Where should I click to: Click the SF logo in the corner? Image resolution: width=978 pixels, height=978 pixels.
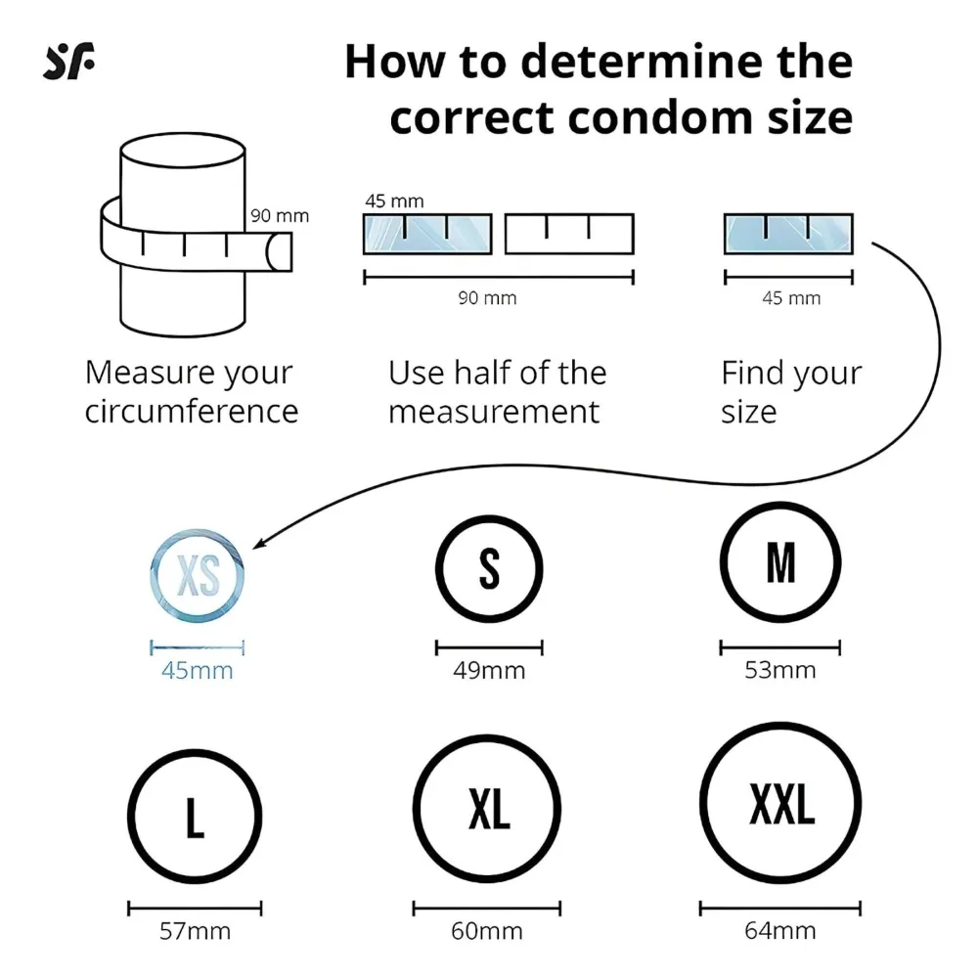click(x=68, y=61)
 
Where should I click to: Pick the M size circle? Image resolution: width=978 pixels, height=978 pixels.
click(x=780, y=507)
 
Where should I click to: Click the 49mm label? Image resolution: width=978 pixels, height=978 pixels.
click(x=489, y=671)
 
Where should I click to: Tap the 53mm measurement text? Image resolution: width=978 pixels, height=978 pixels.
click(x=780, y=670)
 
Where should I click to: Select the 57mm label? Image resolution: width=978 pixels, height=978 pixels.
click(x=195, y=931)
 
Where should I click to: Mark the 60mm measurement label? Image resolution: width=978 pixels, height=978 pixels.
click(x=486, y=931)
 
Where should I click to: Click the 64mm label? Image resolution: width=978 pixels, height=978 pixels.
click(x=780, y=931)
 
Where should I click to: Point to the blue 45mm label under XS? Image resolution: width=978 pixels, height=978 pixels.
click(x=198, y=671)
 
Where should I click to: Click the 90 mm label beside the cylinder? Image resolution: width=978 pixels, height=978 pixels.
click(x=280, y=216)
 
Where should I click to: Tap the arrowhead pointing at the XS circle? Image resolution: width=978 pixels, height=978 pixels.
click(x=259, y=544)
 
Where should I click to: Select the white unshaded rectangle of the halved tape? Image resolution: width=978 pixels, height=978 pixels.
click(x=569, y=234)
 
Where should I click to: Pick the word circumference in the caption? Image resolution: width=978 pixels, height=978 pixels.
click(x=192, y=412)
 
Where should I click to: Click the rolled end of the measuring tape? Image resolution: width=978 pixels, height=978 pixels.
click(x=279, y=252)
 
